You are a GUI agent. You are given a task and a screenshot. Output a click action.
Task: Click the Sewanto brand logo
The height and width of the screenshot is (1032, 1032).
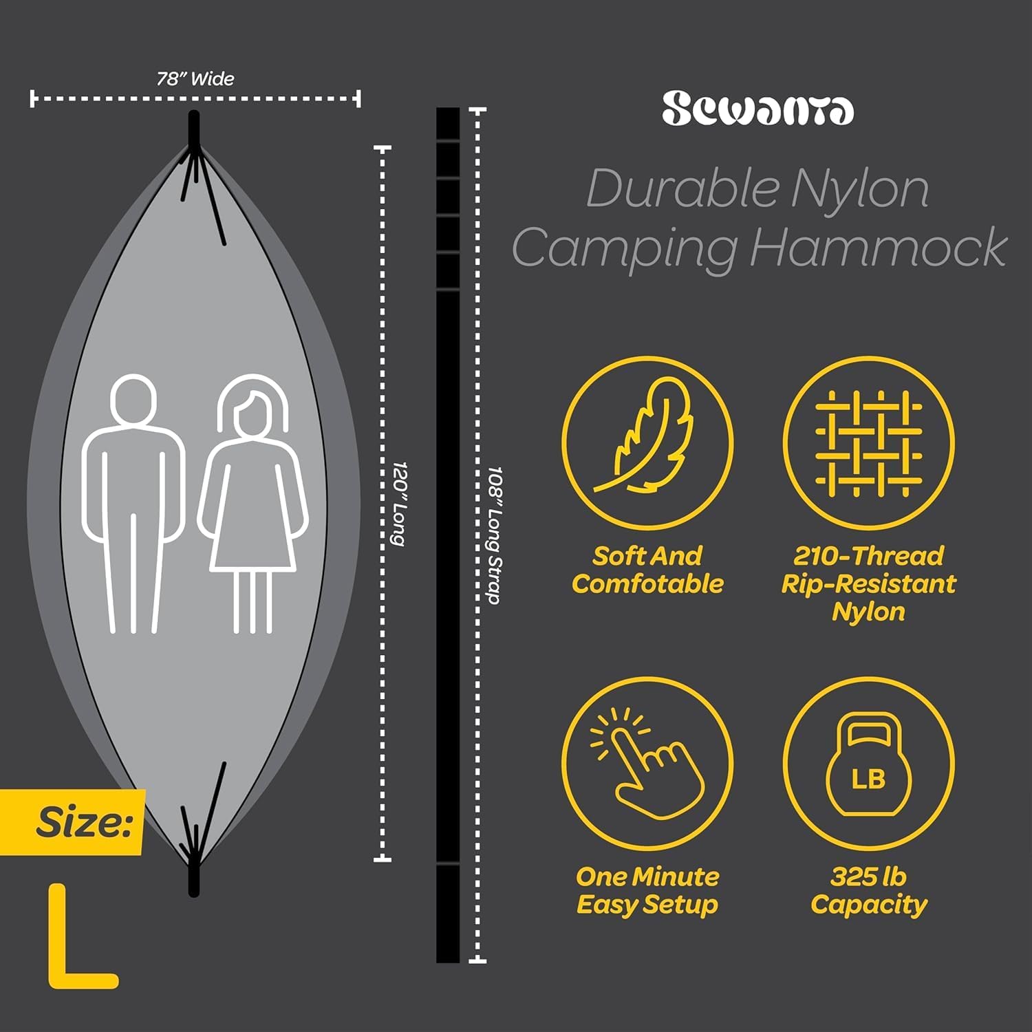point(757,109)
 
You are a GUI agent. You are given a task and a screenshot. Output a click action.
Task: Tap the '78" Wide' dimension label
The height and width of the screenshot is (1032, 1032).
point(195,78)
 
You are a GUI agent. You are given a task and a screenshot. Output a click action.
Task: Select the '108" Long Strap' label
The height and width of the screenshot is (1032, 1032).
point(494,535)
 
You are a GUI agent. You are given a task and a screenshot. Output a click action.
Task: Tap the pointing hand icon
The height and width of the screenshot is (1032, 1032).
point(647,764)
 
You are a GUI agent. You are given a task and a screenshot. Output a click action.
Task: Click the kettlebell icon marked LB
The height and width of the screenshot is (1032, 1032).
point(868,764)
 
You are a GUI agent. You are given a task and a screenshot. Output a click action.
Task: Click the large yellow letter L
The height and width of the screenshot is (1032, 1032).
point(82,936)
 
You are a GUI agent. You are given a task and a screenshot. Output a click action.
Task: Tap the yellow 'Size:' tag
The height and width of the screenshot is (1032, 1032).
point(72,822)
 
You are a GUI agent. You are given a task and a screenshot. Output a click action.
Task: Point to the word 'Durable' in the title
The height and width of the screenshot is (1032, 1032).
point(682,188)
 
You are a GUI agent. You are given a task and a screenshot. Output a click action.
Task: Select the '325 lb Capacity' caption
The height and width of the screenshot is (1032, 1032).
point(868,891)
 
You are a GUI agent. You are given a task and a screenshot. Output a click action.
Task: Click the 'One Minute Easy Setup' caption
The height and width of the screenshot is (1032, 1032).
point(647,891)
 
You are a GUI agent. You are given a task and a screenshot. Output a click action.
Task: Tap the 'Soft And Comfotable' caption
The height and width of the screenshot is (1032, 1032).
point(647,570)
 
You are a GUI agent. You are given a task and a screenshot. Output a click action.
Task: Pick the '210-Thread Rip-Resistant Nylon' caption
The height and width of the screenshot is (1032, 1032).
point(868,583)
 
